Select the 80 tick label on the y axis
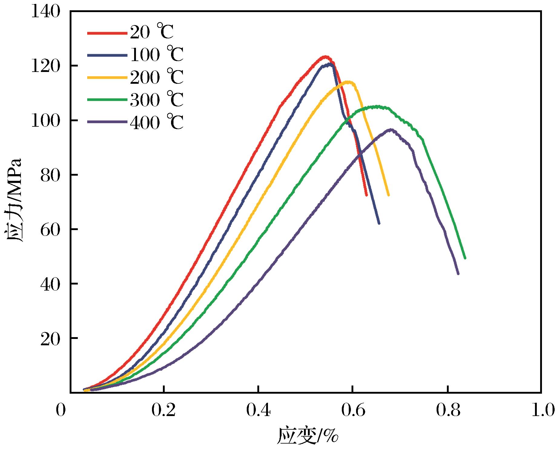[x=50, y=175]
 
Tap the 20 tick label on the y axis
[x=50, y=338]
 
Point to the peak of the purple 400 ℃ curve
[x=391, y=129]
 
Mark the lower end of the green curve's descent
[x=465, y=258]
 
